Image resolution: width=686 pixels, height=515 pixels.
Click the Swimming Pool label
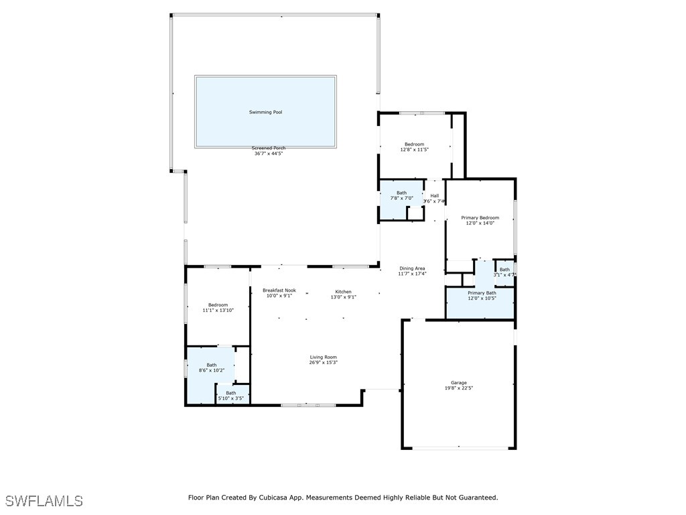(x=265, y=112)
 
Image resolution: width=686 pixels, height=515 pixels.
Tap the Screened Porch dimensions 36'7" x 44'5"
(x=268, y=154)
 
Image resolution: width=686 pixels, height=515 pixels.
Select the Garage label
(x=458, y=383)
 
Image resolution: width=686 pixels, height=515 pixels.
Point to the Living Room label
(x=323, y=357)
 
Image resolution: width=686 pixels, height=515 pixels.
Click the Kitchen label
(x=343, y=292)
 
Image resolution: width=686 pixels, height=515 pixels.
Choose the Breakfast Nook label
(x=279, y=290)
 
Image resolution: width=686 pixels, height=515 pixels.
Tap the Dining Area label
(x=412, y=268)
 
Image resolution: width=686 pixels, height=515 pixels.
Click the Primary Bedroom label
(x=480, y=217)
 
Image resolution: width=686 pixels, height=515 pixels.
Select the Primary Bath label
(x=482, y=292)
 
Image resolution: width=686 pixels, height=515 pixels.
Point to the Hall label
(x=435, y=196)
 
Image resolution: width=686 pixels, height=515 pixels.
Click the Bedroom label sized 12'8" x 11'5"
(x=414, y=144)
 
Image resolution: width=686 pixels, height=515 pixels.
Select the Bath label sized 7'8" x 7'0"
(x=401, y=193)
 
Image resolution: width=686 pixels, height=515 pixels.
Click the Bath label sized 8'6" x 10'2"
(x=211, y=365)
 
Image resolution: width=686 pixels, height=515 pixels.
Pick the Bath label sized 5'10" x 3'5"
(x=230, y=393)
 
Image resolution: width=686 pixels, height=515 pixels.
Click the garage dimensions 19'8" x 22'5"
(x=458, y=388)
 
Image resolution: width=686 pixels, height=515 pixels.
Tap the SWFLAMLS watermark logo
(x=44, y=501)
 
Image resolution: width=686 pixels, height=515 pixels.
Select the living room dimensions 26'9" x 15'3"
(x=323, y=363)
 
